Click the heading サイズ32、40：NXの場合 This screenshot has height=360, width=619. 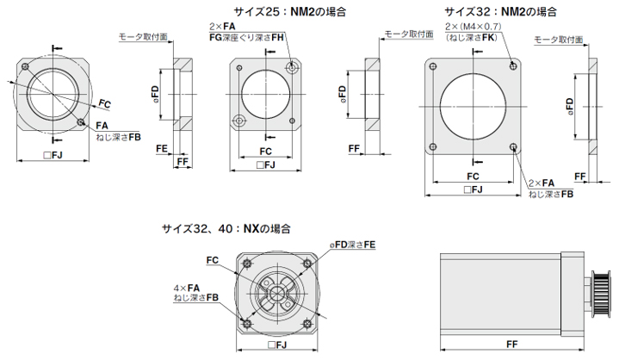(x=226, y=229)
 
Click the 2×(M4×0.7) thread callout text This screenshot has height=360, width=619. (x=472, y=27)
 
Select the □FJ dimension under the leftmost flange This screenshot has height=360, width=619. (x=53, y=156)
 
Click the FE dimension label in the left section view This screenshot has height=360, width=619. (x=161, y=148)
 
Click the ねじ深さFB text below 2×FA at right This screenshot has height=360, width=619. (x=550, y=196)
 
